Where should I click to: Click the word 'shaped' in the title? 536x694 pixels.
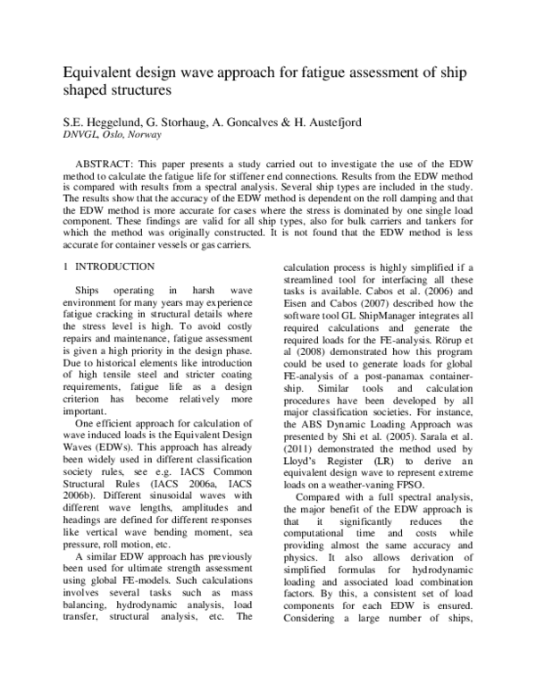tap(86, 89)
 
